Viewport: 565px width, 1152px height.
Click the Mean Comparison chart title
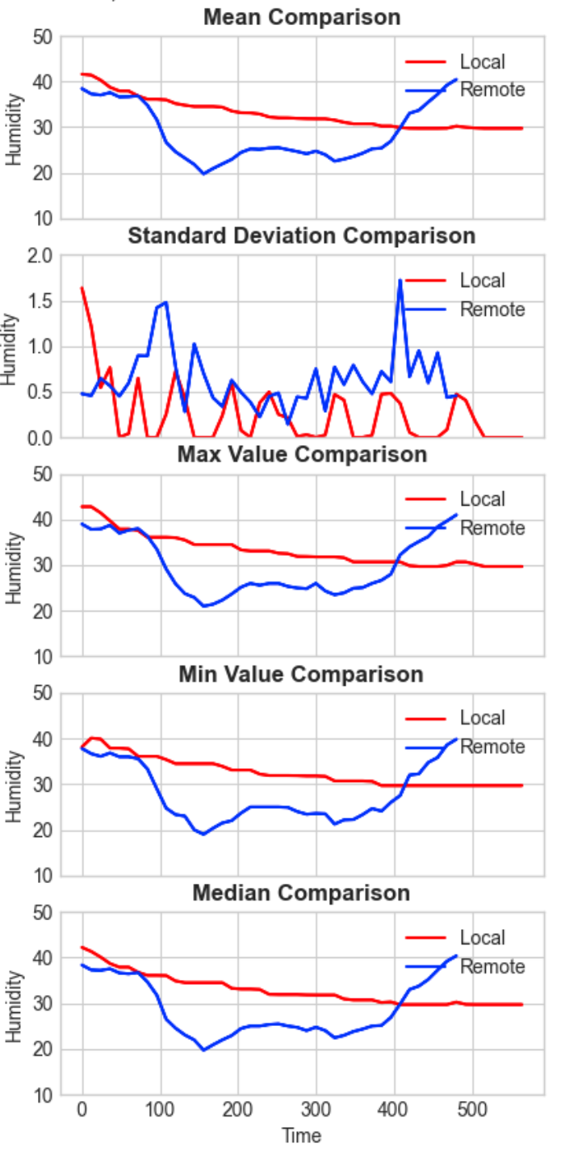302,16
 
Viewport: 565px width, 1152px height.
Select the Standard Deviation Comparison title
302,236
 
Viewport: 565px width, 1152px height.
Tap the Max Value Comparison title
302,455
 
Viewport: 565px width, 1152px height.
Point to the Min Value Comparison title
302,674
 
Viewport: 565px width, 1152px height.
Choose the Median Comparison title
302,893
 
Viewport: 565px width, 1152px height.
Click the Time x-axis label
302,1135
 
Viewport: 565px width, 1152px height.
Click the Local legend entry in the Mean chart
482,61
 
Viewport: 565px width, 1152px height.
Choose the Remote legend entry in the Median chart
492,966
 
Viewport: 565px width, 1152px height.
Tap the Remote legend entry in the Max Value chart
492,528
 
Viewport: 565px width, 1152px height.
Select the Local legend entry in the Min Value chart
482,717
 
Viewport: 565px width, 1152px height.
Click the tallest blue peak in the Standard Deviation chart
400,280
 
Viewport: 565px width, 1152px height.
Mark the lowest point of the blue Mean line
204,173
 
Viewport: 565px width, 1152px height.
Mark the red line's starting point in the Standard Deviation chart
82,288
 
